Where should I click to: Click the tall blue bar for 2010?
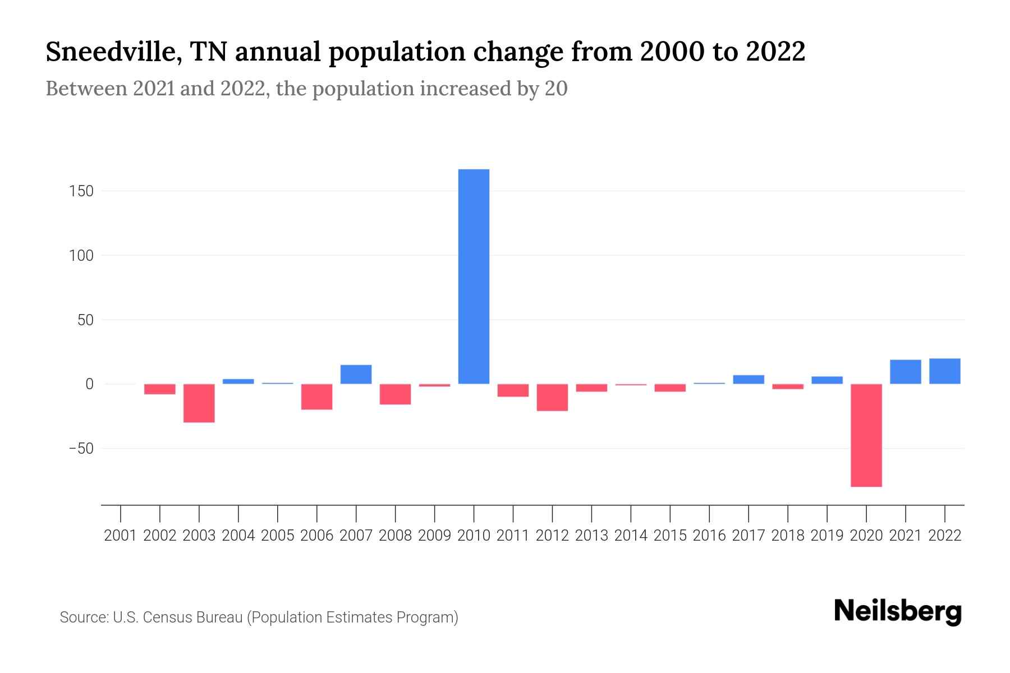[474, 276]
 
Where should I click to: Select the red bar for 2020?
[866, 435]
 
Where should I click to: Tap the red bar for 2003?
[199, 403]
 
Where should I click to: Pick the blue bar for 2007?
[356, 375]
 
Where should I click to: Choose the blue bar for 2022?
[944, 371]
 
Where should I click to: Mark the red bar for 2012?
[552, 398]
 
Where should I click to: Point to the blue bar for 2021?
[905, 372]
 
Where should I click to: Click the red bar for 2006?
[317, 397]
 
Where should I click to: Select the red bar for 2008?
[395, 394]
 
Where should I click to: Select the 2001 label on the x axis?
[121, 536]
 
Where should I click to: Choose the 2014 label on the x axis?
[631, 536]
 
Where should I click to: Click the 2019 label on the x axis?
[827, 536]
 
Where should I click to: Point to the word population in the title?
[397, 53]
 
